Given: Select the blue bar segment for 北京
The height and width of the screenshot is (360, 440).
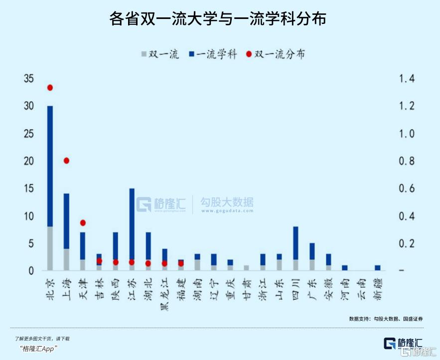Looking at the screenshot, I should click(50, 164).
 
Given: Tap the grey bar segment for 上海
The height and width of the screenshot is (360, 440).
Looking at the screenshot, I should click(66, 259).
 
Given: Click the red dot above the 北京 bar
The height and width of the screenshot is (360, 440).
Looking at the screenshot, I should click(50, 88).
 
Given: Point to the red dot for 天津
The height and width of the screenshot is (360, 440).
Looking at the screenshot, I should click(83, 223).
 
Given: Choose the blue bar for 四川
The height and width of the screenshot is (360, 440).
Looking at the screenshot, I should click(295, 243).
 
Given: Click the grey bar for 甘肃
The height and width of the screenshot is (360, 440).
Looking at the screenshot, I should click(246, 268).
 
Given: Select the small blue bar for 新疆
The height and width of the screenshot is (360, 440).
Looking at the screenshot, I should click(378, 268).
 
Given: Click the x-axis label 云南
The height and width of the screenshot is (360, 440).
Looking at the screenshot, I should click(361, 287).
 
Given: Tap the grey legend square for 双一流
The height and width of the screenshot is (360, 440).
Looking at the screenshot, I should click(145, 54).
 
